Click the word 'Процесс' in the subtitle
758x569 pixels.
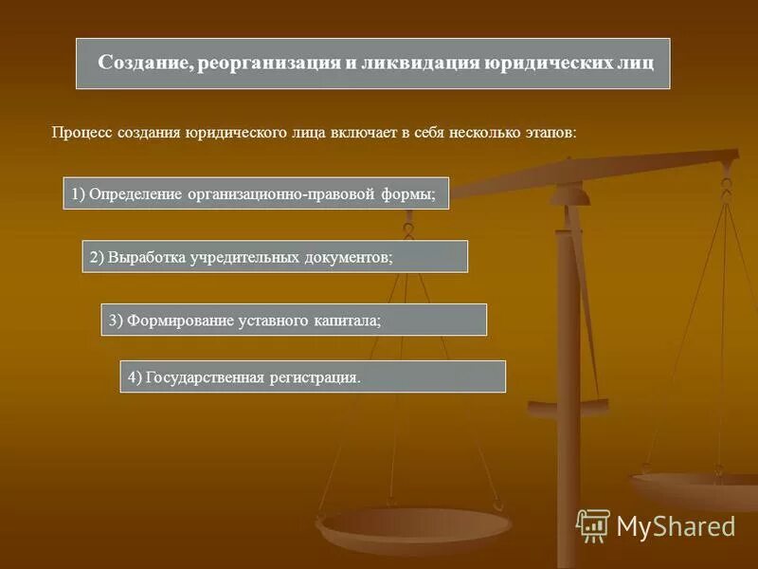81,133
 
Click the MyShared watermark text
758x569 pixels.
676,525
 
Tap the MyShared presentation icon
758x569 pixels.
593,524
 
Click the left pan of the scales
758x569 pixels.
414,522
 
